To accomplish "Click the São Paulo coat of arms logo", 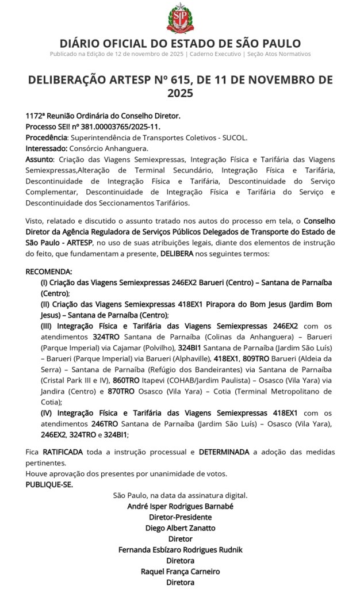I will point(180,18).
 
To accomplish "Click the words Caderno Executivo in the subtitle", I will point(215,54).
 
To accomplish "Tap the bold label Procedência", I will point(47,137).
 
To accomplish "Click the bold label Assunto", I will point(39,159).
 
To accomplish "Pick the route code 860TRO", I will point(126,381).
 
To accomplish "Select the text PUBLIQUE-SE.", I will point(49,484).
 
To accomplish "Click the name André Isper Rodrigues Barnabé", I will point(180,507).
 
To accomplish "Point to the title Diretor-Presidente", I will point(180,517).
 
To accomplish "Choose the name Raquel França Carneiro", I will point(180,571).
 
